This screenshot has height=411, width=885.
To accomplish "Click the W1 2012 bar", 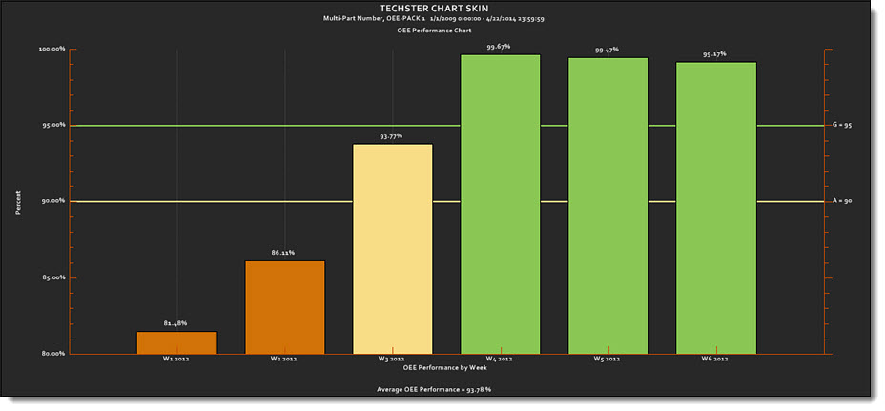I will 176,343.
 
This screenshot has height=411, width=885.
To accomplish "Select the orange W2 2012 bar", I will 284,307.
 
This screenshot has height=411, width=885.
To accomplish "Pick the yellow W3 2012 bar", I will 392,249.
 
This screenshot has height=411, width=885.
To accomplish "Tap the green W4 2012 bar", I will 500,204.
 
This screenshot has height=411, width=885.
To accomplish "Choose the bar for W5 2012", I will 608,206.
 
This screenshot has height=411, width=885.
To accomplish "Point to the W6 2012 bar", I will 716,208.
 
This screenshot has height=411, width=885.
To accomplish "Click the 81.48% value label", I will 176,323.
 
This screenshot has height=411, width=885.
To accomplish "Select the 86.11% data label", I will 284,253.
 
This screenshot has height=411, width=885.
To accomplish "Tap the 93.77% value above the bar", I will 391,136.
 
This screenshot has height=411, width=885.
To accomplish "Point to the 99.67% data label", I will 499,46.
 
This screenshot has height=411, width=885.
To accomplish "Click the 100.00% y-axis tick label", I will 51,49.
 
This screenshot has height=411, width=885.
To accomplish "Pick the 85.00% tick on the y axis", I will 51,277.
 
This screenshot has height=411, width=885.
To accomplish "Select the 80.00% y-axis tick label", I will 51,354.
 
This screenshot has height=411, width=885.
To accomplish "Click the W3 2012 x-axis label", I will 392,360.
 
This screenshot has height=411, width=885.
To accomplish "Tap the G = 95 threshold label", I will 842,125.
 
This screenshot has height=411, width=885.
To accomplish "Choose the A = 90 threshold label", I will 841,201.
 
